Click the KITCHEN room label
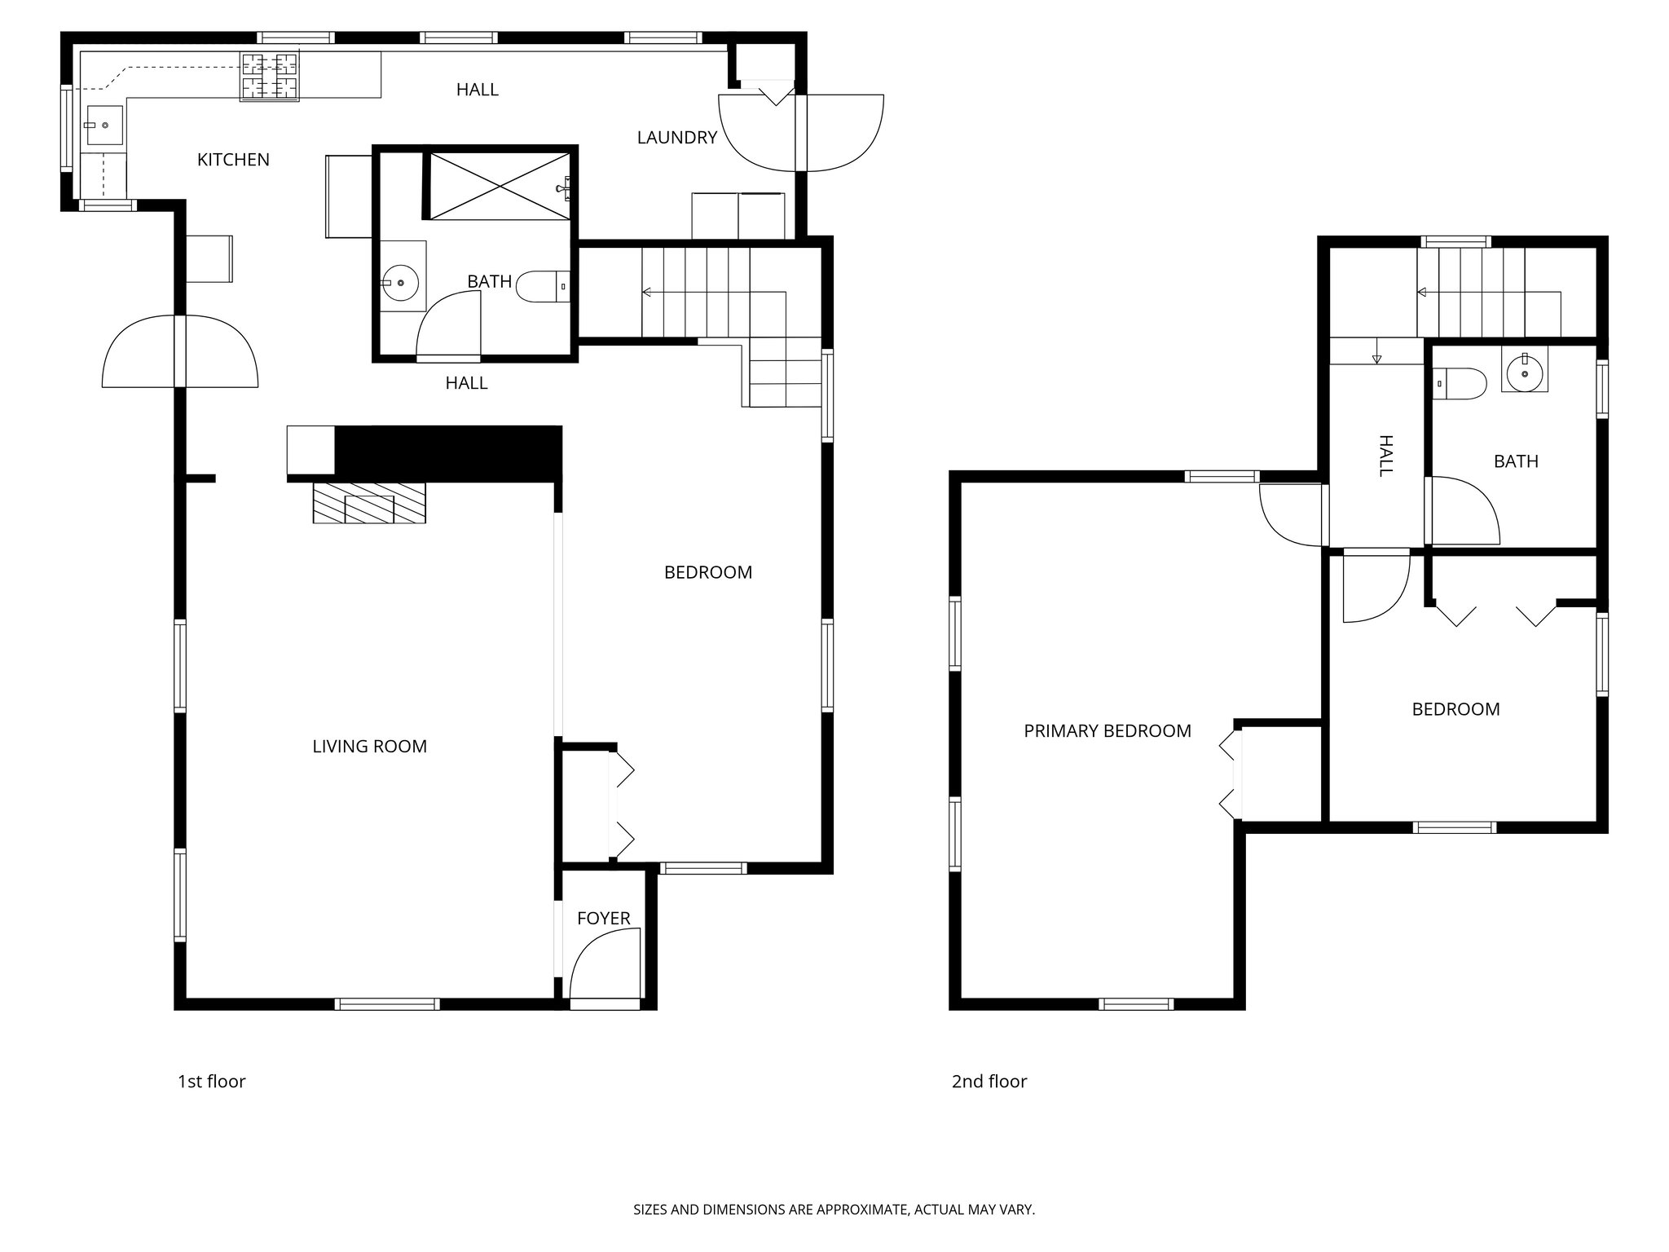(x=233, y=160)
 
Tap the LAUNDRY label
(x=676, y=138)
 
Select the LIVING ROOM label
(x=369, y=746)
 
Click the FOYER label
(x=603, y=919)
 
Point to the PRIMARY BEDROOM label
(x=1107, y=731)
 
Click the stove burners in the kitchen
(x=269, y=77)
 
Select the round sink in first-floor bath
(x=401, y=283)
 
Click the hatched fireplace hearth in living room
(x=369, y=503)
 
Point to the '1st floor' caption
(x=211, y=1082)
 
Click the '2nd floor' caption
(x=989, y=1082)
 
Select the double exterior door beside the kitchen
(x=180, y=352)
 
